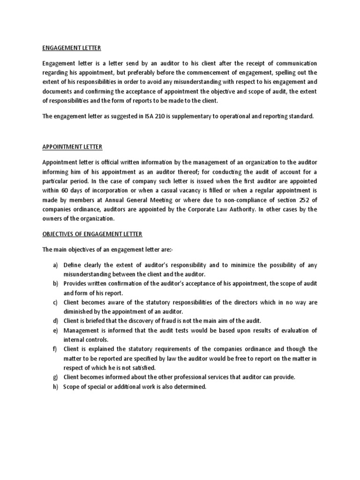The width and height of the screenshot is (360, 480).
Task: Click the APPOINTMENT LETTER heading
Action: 72,147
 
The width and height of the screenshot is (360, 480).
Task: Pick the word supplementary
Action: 199,116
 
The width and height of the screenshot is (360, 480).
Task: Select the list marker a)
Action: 55,265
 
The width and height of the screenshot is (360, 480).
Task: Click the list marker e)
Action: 55,330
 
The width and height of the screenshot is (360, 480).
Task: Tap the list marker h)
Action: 55,387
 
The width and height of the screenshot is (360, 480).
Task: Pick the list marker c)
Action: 55,302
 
